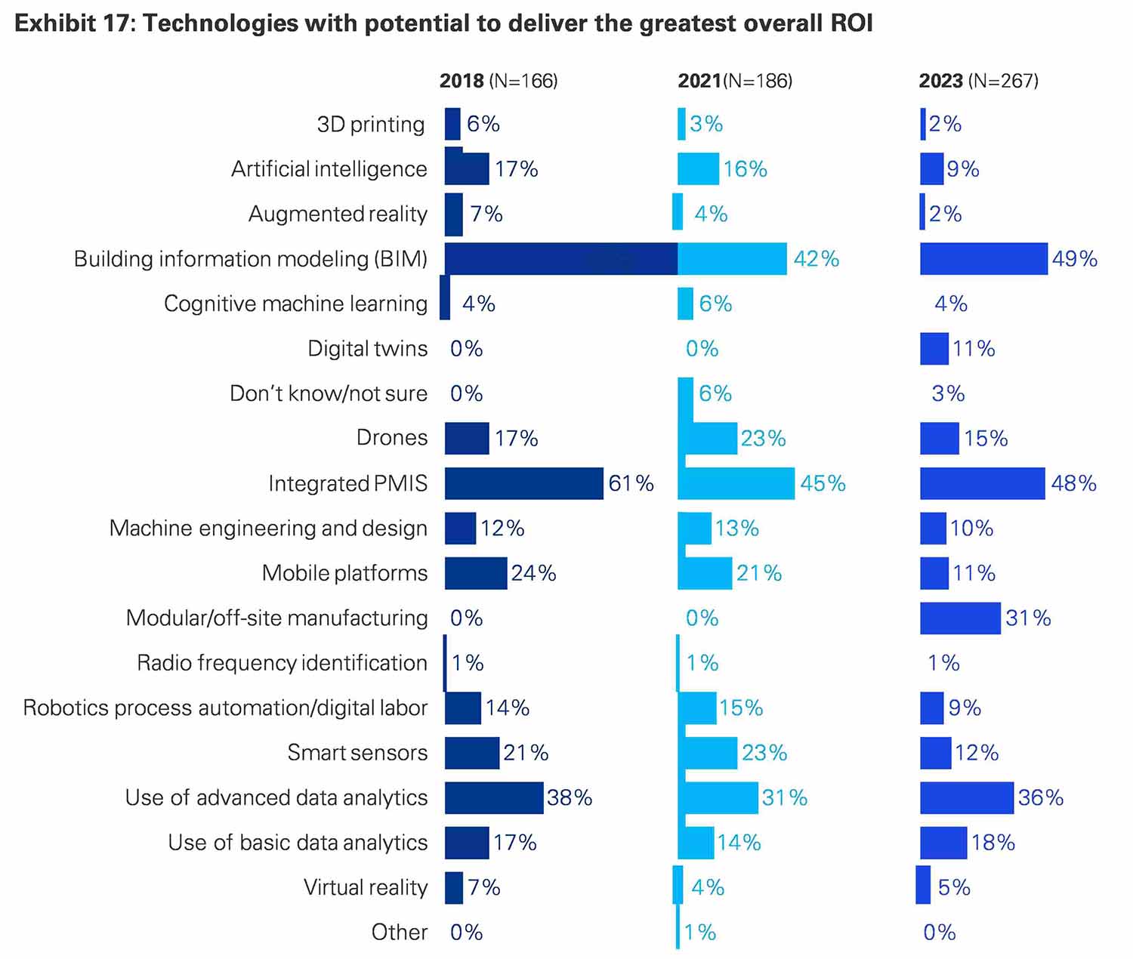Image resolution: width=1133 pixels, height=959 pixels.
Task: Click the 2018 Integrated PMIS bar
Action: coord(523,483)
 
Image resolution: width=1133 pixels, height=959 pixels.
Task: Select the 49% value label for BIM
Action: coord(1074,259)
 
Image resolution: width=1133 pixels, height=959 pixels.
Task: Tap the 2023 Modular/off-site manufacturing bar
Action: coord(960,618)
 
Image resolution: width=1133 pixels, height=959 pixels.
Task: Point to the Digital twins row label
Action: coord(367,349)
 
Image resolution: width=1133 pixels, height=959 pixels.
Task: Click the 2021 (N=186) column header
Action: coord(735,81)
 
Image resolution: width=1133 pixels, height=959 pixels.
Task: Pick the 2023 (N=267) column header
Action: coord(978,81)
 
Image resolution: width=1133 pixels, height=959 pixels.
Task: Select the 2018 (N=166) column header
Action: coord(499,81)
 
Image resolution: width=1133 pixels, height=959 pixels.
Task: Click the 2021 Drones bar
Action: coord(710,439)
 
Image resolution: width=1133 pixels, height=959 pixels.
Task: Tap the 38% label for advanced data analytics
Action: coord(570,798)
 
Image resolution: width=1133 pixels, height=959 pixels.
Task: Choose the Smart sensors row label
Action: coord(357,753)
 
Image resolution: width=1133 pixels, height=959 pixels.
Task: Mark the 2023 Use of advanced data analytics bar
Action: coord(967,798)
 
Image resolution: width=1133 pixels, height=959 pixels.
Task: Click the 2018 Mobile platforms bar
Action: coord(476,574)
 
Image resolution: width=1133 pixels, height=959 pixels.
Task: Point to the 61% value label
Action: coord(631,483)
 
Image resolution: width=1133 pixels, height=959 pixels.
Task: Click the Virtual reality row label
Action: coord(366,887)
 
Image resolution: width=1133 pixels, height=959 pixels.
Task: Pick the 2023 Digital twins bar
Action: coord(934,349)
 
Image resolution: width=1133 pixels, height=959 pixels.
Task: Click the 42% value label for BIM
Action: coord(816,259)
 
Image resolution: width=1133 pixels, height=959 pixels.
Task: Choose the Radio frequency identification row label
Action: coord(282,663)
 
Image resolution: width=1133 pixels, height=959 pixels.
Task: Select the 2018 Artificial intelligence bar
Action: coord(466,169)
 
